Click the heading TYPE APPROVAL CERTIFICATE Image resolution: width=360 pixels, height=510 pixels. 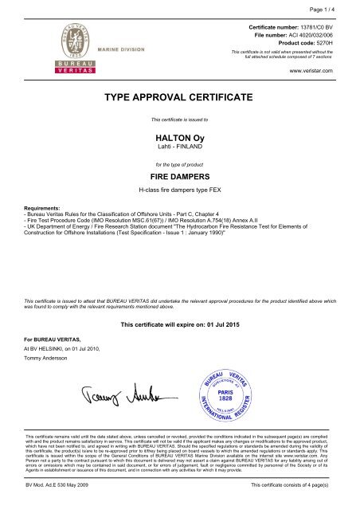pos(179,96)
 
